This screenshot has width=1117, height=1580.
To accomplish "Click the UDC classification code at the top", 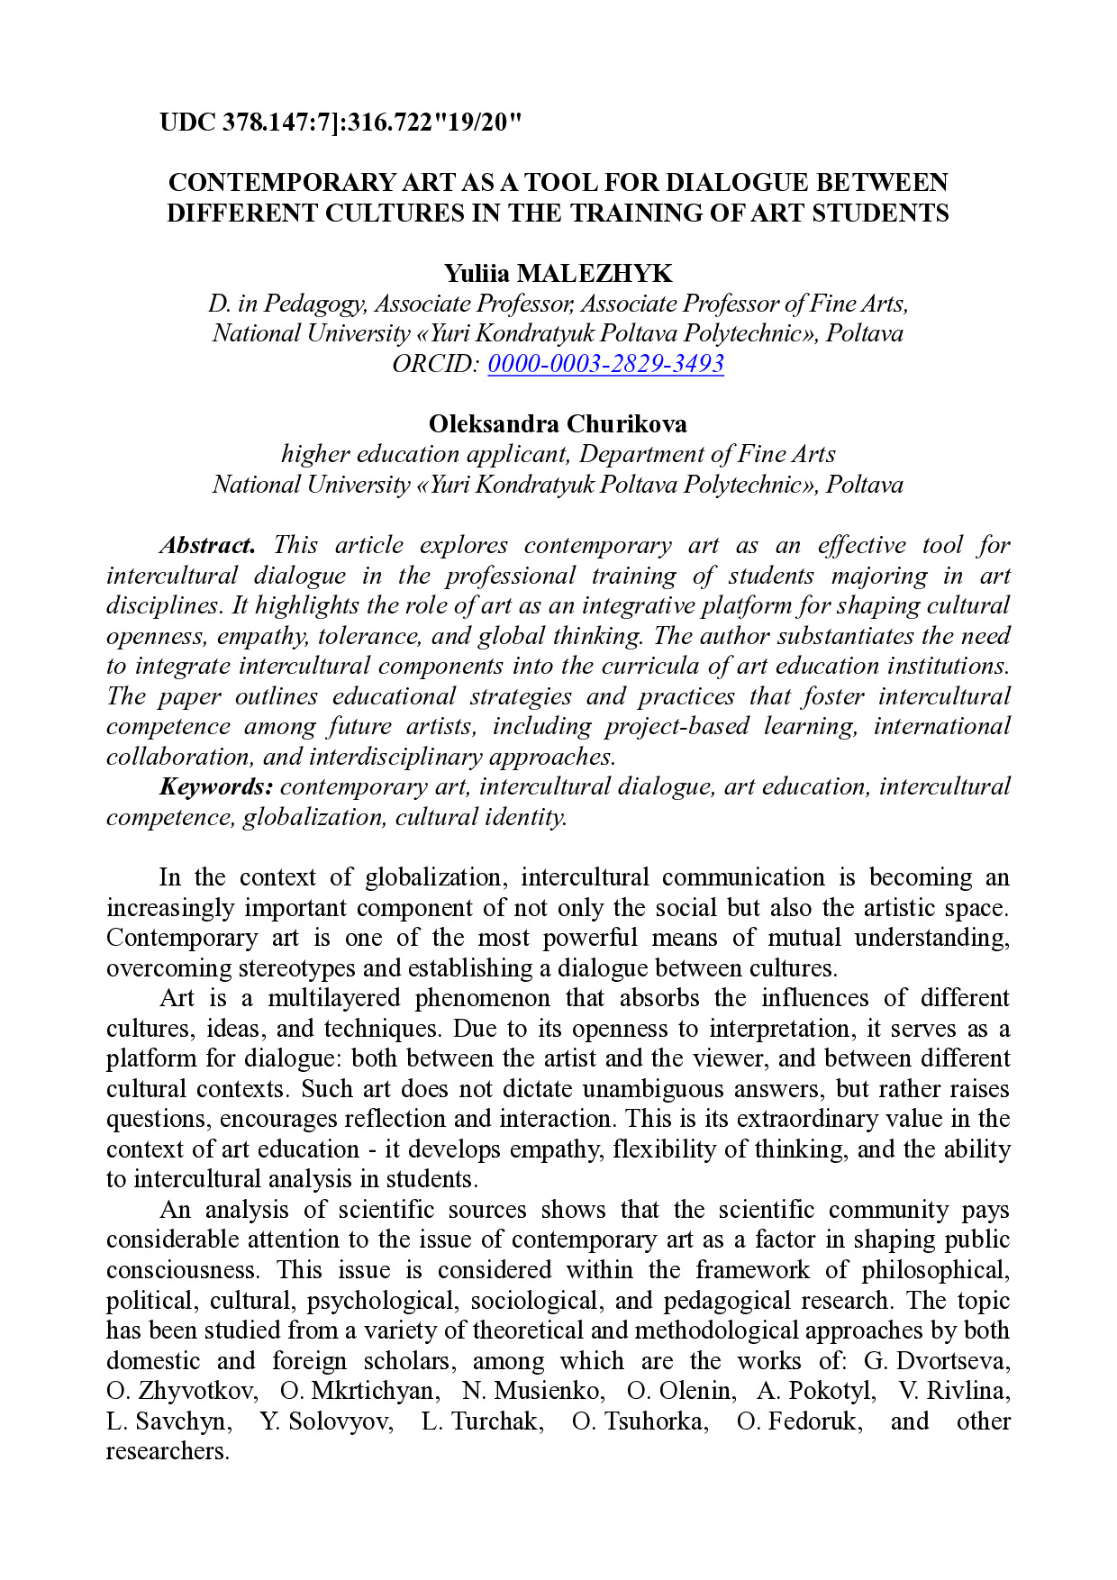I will click(341, 122).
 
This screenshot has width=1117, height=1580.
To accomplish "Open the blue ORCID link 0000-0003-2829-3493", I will click(605, 364).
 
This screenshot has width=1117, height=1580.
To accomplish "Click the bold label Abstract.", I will click(207, 545).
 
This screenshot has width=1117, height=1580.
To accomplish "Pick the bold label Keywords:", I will click(216, 786).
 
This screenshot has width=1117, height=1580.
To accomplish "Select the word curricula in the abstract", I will click(665, 667).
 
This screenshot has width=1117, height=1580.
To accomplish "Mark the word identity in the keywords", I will click(529, 817).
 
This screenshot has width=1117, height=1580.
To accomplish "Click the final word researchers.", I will click(168, 1451).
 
